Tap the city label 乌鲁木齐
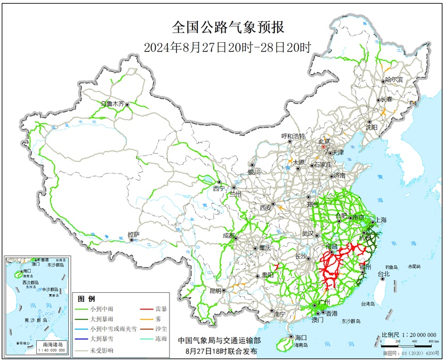tap(112, 104)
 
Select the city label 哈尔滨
tap(394, 79)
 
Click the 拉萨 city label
tap(133, 234)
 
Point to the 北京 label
tap(324, 141)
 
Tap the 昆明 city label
tap(215, 291)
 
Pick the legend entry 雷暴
tap(161, 308)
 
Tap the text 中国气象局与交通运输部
tap(220, 340)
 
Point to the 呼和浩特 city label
tap(293, 136)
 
